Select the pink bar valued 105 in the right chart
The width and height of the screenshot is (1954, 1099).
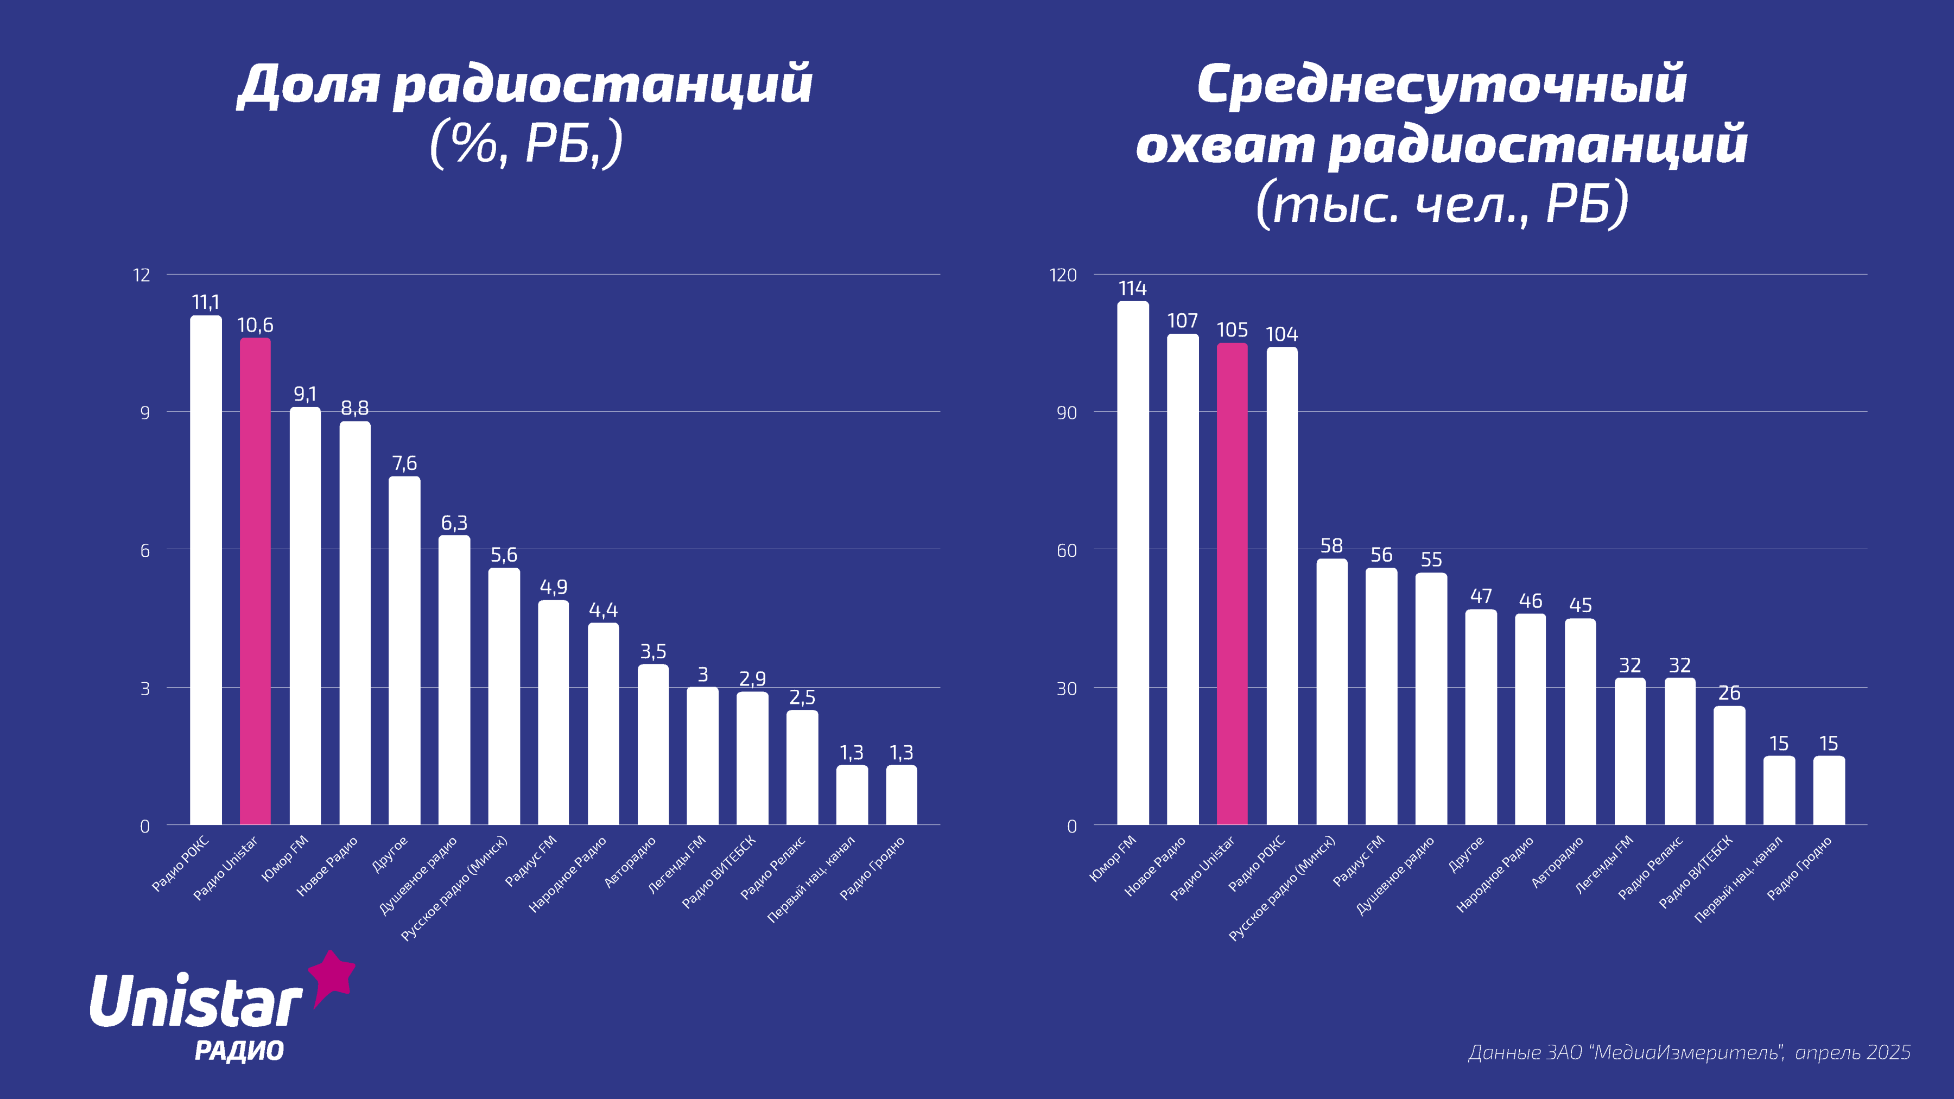pyautogui.click(x=1232, y=584)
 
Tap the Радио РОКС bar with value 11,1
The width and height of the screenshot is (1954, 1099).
pyautogui.click(x=206, y=570)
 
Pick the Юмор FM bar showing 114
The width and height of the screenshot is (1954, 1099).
pyautogui.click(x=1132, y=563)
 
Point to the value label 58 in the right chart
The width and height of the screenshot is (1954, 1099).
pyautogui.click(x=1331, y=546)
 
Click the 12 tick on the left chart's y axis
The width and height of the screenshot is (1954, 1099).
pyautogui.click(x=142, y=275)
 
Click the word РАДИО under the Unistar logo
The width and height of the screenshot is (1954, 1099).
pyautogui.click(x=239, y=1051)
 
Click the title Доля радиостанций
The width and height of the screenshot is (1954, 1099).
pyautogui.click(x=525, y=85)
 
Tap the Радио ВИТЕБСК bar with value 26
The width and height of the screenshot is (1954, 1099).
pyautogui.click(x=1729, y=765)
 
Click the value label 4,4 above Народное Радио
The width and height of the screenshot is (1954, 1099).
pyautogui.click(x=603, y=611)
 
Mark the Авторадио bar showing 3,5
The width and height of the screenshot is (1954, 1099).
pyautogui.click(x=653, y=745)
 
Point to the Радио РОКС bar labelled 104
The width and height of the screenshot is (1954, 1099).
pyautogui.click(x=1282, y=586)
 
